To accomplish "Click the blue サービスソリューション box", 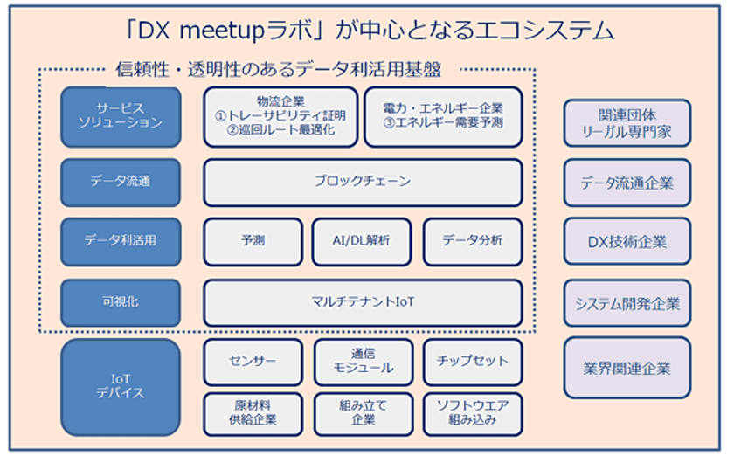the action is click(121, 117).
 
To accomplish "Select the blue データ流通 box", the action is click(121, 182).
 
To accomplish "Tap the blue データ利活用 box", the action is click(121, 242).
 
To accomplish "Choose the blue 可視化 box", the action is click(121, 302).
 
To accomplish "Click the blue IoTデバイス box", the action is click(121, 387).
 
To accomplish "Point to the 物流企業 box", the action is click(280, 117).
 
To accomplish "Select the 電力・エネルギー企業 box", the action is click(443, 117).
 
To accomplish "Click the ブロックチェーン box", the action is click(363, 182).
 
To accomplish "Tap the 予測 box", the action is click(253, 242).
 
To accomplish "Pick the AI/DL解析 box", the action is click(362, 242).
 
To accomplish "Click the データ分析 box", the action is click(473, 242).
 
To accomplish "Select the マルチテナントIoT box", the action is click(363, 302).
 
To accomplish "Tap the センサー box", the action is click(253, 363).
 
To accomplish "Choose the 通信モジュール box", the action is click(364, 363).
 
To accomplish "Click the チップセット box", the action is click(473, 363).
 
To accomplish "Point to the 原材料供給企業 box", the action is click(253, 414).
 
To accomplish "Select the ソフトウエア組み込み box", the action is click(473, 414).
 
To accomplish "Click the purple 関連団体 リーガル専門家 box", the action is click(627, 123).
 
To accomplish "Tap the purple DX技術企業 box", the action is click(627, 242).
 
